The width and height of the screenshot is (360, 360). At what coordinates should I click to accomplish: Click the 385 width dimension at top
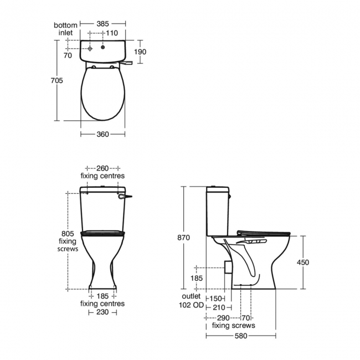(x=102, y=24)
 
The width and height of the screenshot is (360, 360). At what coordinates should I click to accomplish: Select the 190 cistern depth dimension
(x=141, y=52)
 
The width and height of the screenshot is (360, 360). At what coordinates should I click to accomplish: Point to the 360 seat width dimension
(x=102, y=134)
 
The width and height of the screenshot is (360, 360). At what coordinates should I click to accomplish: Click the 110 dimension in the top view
(x=113, y=33)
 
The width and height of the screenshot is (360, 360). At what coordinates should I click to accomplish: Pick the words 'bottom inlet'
(x=65, y=29)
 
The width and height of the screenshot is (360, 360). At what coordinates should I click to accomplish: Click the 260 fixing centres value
(x=102, y=168)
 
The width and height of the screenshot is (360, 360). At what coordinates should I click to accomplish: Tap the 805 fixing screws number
(x=67, y=233)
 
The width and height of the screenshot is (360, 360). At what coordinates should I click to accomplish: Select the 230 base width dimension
(x=102, y=312)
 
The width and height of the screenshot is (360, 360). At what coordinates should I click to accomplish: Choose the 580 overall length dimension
(x=240, y=336)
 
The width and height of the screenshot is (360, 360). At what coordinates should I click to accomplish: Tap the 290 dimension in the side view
(x=223, y=317)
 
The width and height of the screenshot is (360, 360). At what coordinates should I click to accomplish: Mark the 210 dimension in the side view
(x=219, y=307)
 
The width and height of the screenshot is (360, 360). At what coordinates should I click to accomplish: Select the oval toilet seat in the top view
(x=102, y=94)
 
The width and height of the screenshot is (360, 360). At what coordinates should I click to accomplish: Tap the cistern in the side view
(x=217, y=210)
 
